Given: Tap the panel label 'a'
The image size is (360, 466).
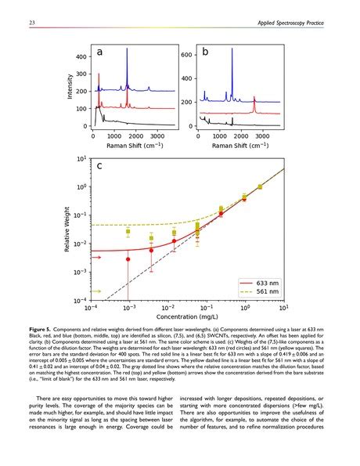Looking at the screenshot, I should pos(101,52).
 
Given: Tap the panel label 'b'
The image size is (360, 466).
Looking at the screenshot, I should pos(205,52).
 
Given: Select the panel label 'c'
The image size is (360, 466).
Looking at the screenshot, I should pos(101,167).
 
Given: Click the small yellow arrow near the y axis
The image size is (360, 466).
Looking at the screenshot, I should pos(97,291).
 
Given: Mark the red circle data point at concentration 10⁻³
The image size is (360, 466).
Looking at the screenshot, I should pos(128,259).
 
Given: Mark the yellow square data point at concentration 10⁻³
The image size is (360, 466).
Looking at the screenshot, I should pos(128,232).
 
